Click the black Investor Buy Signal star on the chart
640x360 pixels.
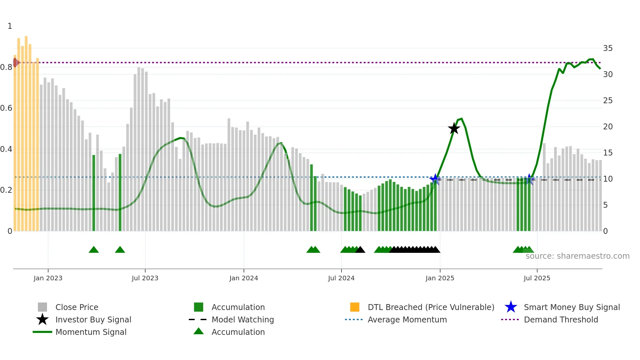point(454,128)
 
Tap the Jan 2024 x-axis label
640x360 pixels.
point(244,278)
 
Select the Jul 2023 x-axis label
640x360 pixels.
point(145,278)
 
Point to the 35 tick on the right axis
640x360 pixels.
point(608,48)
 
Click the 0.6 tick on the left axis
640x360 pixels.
point(6,108)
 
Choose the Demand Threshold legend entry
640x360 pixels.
point(561,319)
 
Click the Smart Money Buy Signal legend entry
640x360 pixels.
point(571,307)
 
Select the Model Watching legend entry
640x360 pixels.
point(242,319)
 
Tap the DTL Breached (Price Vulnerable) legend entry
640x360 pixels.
point(431,307)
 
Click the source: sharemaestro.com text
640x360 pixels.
point(577,256)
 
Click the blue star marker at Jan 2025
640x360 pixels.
point(435,179)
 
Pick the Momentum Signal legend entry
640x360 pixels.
point(91,332)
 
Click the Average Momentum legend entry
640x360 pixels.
point(407,319)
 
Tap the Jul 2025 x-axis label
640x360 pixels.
point(537,278)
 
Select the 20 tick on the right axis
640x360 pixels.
point(608,127)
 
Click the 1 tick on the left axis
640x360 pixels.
point(10,26)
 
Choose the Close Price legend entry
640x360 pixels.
point(76,307)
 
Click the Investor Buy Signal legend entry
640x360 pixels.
point(93,319)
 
